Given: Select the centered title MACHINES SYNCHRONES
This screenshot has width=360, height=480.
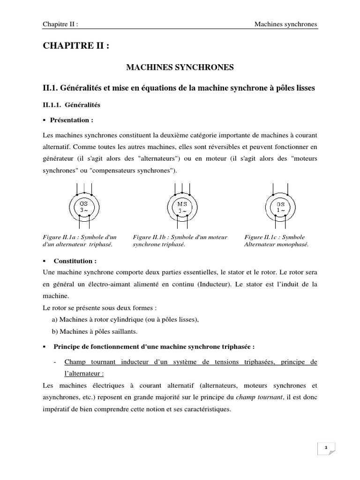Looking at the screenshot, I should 180,68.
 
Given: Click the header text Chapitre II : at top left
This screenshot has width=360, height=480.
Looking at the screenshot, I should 60,23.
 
